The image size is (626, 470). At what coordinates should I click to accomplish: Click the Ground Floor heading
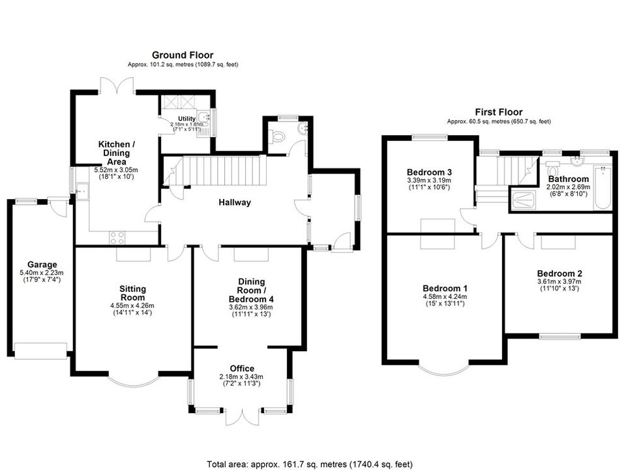coord(183,55)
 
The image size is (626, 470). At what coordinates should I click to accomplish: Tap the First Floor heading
coord(499,112)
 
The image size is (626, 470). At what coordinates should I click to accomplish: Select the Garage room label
coord(42,264)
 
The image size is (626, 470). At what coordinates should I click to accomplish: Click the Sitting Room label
coord(133,293)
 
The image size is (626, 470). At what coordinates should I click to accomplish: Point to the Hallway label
coord(235,202)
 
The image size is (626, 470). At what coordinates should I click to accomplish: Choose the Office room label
coord(242,368)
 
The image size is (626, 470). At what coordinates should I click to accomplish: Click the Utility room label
coord(187,119)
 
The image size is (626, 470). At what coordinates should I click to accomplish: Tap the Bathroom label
coord(569,179)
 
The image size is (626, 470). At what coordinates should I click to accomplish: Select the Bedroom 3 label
coord(429,172)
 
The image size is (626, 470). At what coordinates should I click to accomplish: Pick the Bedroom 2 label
coord(559,274)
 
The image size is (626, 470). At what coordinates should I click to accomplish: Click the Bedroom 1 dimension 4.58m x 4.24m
coord(445,297)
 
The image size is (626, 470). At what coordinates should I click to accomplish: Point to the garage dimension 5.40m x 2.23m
coord(42,273)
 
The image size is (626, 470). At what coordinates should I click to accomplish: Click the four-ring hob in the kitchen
coord(117,238)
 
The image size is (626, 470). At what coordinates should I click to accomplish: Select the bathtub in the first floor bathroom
coord(603,187)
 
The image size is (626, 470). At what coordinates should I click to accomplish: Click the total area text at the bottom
coord(309,464)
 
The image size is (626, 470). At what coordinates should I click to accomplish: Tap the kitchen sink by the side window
coord(82,191)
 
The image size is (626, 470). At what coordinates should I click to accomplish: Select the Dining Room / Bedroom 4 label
coord(251,290)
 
